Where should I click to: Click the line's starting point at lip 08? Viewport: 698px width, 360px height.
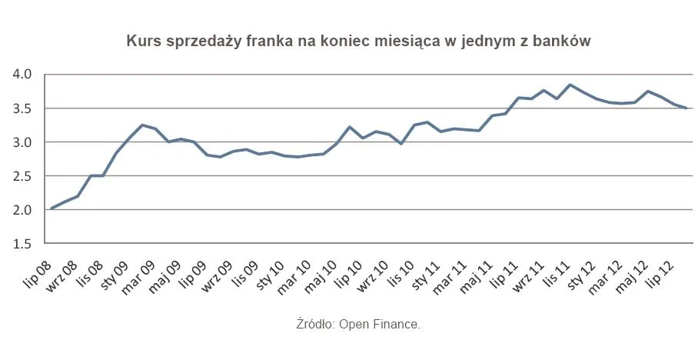click(52, 208)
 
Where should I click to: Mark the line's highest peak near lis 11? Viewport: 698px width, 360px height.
click(570, 85)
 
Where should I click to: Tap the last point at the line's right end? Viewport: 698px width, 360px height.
click(686, 108)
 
